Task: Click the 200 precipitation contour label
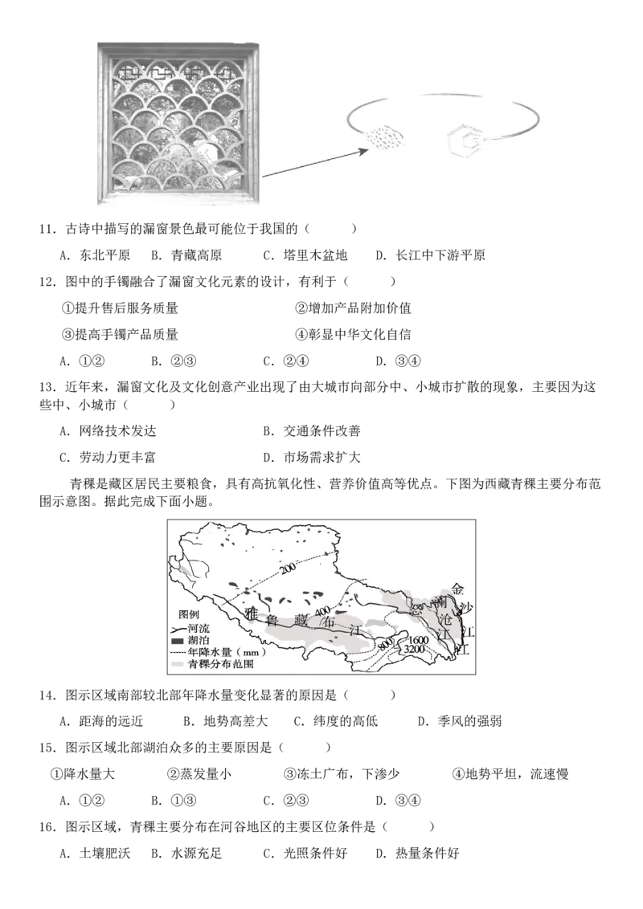pyautogui.click(x=288, y=568)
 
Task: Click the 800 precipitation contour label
pyautogui.click(x=385, y=643)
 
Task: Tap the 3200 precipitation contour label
pyautogui.click(x=415, y=649)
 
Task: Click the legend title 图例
pyautogui.click(x=189, y=613)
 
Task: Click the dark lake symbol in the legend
pyautogui.click(x=178, y=642)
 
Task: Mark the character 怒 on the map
pyautogui.click(x=416, y=609)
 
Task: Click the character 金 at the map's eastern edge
pyautogui.click(x=458, y=589)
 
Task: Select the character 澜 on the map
pyautogui.click(x=439, y=602)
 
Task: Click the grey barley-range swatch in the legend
pyautogui.click(x=178, y=666)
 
